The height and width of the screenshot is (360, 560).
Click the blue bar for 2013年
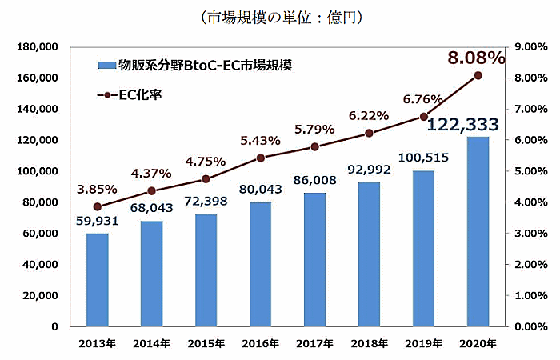(97, 280)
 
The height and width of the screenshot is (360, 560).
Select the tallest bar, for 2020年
(478, 232)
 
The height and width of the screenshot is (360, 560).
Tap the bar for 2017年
(314, 260)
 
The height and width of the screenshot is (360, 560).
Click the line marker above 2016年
(261, 158)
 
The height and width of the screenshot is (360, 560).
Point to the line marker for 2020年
(478, 75)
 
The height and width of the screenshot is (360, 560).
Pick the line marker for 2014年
(152, 191)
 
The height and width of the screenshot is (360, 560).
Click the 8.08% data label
(476, 58)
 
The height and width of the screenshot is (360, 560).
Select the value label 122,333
(464, 124)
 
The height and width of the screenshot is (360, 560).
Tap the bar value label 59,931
(98, 221)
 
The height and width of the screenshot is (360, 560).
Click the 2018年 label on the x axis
(369, 343)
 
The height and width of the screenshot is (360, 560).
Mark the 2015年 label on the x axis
(206, 343)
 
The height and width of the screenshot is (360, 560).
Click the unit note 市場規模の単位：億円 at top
(279, 17)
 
